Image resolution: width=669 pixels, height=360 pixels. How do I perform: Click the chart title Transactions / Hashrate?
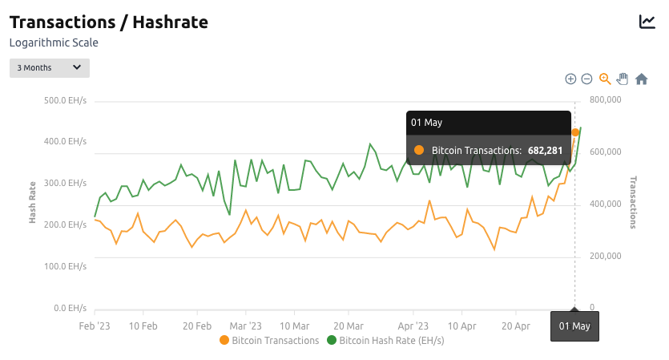coord(108,22)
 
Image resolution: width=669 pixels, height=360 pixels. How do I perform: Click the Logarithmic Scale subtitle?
coord(54,42)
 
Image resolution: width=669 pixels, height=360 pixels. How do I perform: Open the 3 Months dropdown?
coord(50,68)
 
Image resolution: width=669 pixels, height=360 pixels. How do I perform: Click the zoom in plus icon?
coord(570,79)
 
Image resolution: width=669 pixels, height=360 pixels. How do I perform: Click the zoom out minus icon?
coord(586,79)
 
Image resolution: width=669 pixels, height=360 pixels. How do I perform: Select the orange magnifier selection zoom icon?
coord(605,79)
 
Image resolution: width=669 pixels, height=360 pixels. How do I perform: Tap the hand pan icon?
coord(623,79)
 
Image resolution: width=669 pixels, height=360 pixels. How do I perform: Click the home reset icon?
coord(641,79)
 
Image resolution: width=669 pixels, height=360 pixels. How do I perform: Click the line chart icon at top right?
coord(647,22)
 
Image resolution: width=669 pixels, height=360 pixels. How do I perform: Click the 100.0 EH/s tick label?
coord(66,266)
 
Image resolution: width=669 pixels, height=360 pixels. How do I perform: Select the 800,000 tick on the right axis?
coord(606,100)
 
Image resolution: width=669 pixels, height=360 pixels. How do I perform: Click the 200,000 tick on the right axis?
coord(606,257)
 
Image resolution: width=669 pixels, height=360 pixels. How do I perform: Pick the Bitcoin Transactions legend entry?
coord(269,341)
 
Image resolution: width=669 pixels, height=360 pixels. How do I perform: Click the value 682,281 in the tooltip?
coord(545,150)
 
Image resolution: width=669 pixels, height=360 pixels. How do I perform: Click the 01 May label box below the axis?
coord(574,326)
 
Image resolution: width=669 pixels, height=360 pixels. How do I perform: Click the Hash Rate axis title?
coord(34,200)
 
